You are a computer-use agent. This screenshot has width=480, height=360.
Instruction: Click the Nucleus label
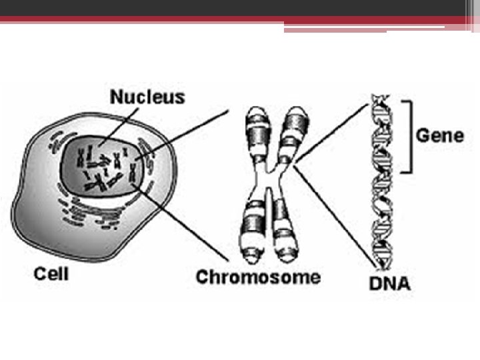[x=147, y=97]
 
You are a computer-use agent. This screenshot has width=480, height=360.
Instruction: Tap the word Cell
[x=51, y=274]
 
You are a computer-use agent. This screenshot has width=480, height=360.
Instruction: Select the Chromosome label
[x=258, y=277]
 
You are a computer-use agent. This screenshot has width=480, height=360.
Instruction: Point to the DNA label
[x=389, y=283]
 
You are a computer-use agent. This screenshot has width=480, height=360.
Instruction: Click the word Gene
[x=440, y=135]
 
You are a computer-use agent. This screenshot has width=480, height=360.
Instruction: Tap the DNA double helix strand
[x=382, y=182]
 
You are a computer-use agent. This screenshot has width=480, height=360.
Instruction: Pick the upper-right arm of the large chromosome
[x=294, y=135]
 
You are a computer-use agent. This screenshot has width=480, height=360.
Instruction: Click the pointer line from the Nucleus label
[x=118, y=126]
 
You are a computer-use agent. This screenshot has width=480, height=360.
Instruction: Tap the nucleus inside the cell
[x=101, y=166]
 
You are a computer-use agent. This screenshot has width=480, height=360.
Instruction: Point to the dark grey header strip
[x=233, y=7]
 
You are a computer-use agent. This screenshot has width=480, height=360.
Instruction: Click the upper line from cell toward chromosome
[x=182, y=135]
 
